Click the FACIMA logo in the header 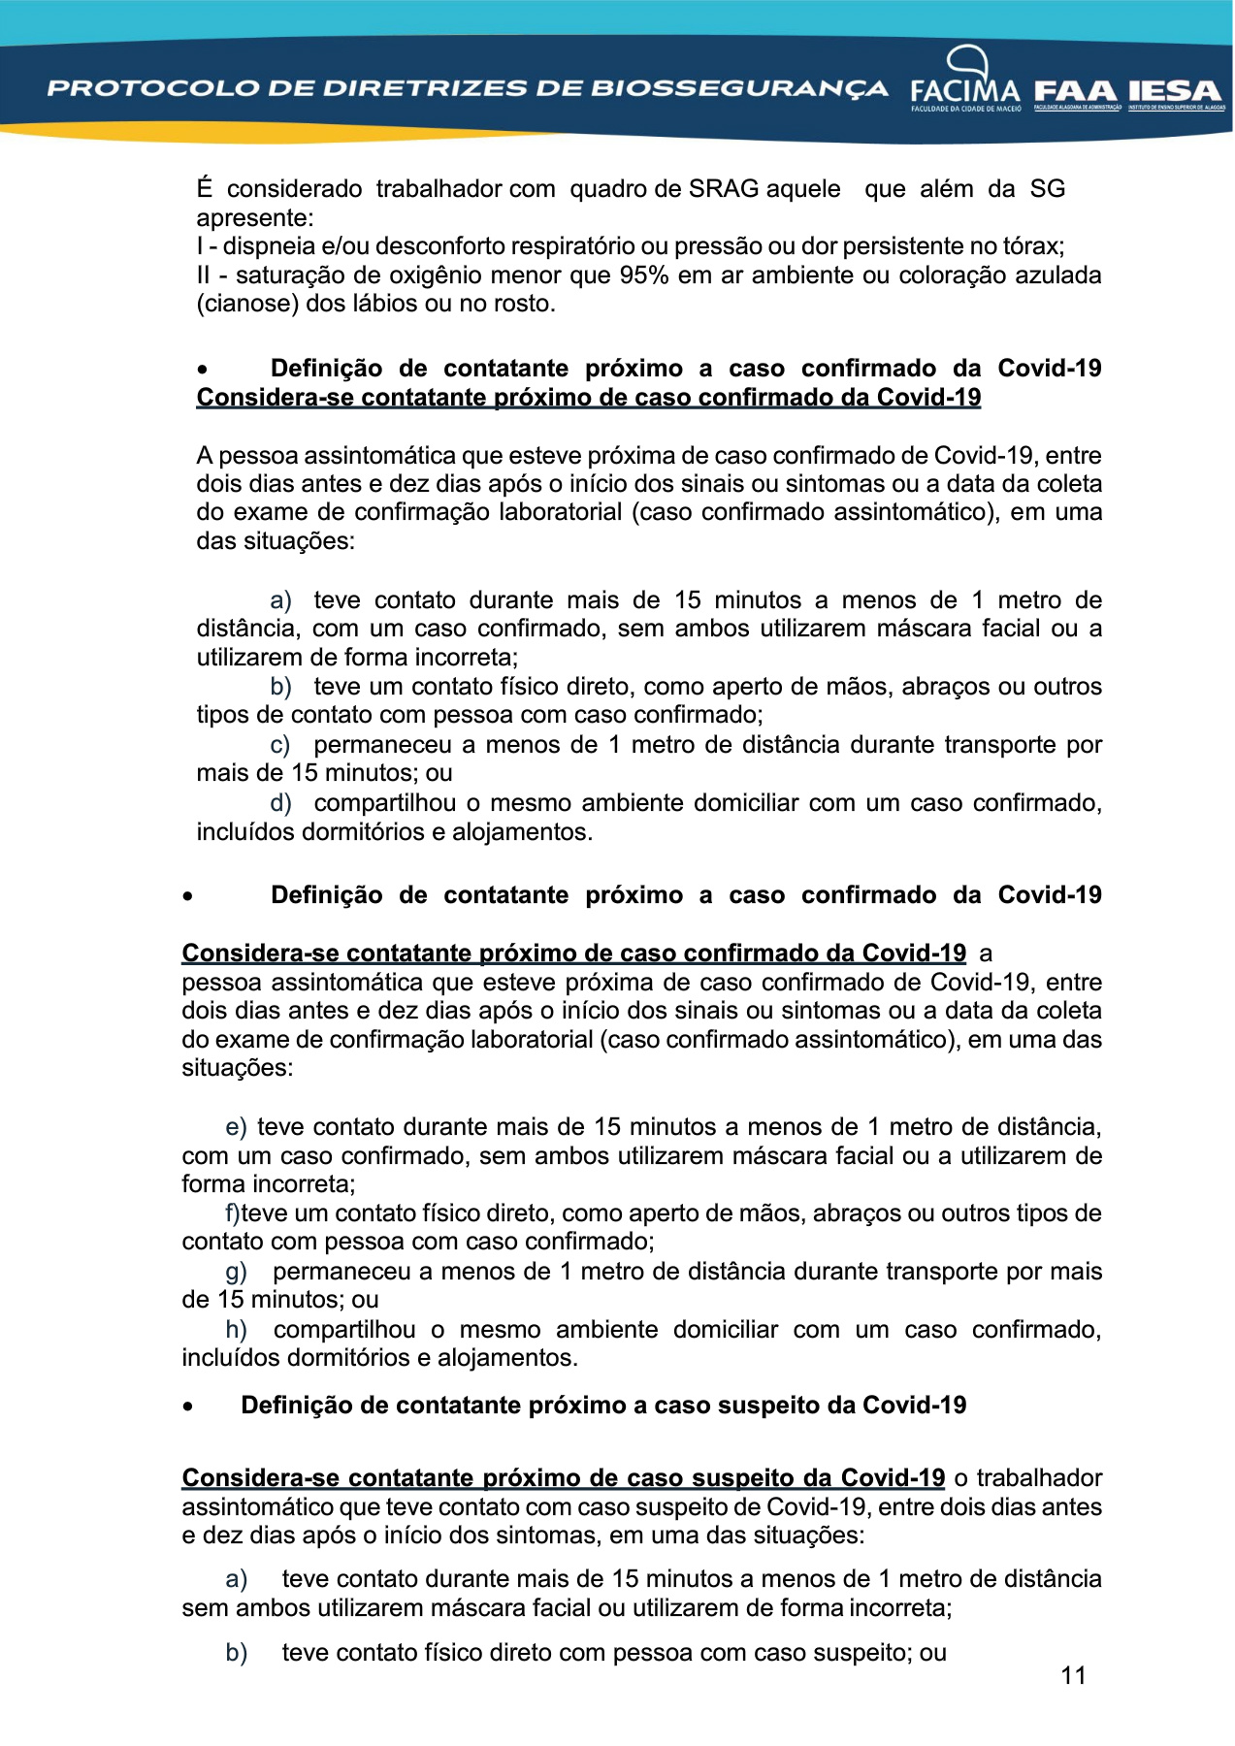pos(965,82)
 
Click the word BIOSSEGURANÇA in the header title pos(739,88)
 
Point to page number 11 pos(1073,1675)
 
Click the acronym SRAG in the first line pos(724,189)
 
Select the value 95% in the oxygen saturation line pos(644,275)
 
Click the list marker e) pos(236,1127)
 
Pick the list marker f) pos(233,1213)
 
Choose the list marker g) pos(236,1271)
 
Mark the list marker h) pos(236,1329)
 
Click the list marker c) pos(280,745)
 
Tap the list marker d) pos(280,803)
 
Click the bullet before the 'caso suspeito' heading pos(188,1406)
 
